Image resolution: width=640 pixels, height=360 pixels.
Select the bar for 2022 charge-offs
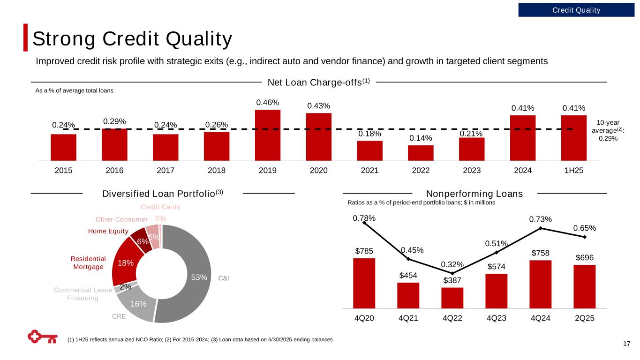coord(421,153)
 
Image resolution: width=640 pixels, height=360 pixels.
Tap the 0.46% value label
coord(268,102)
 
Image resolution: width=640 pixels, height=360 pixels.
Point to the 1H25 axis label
coord(573,171)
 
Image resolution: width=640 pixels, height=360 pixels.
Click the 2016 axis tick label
coord(114,171)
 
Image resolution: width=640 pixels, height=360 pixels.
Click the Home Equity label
coord(108,231)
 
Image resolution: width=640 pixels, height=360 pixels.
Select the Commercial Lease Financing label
coord(83,293)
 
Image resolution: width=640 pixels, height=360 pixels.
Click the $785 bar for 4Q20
coord(364,283)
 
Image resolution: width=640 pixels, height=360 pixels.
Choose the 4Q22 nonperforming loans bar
coord(452,298)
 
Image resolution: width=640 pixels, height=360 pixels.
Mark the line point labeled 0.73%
coord(541,228)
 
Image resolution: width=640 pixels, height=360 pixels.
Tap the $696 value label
coord(584,257)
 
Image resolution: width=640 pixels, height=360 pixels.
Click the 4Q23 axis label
coord(496,318)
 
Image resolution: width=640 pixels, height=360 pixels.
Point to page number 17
coord(626,344)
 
